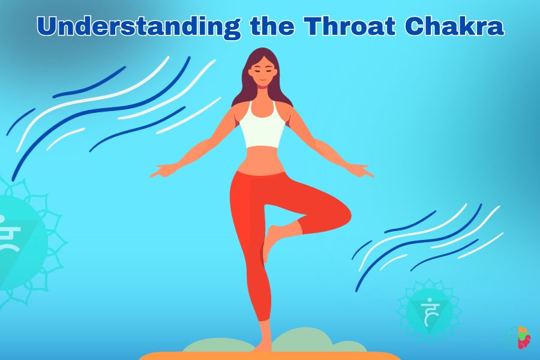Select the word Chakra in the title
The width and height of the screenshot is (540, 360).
pos(455,26)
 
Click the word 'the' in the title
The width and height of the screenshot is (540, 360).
pos(272,26)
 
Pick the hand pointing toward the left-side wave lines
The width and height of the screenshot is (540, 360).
pos(163,171)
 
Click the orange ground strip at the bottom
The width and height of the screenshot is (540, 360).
pos(271,356)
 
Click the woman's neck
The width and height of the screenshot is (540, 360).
pos(263,94)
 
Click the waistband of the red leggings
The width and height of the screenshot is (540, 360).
pos(262,174)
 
